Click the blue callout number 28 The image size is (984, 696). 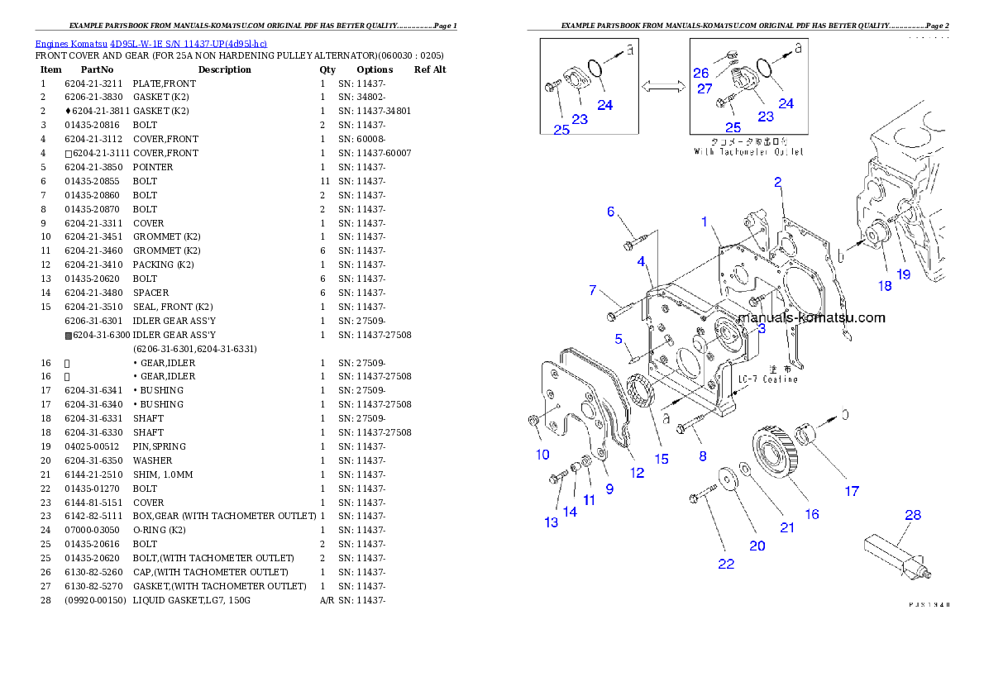(912, 515)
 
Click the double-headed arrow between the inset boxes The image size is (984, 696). (663, 85)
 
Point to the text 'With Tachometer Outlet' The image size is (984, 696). (748, 151)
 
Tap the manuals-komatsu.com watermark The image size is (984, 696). (810, 317)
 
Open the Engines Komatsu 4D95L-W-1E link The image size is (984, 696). (150, 43)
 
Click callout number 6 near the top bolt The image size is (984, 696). (611, 212)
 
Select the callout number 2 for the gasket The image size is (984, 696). (777, 181)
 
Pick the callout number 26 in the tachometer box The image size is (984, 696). (700, 73)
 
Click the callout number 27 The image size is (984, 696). (705, 88)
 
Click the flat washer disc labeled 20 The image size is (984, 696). (728, 479)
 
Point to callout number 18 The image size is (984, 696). (885, 286)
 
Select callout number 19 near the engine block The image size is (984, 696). (904, 274)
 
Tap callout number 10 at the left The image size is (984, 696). (542, 454)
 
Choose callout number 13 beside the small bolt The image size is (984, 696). (551, 522)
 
